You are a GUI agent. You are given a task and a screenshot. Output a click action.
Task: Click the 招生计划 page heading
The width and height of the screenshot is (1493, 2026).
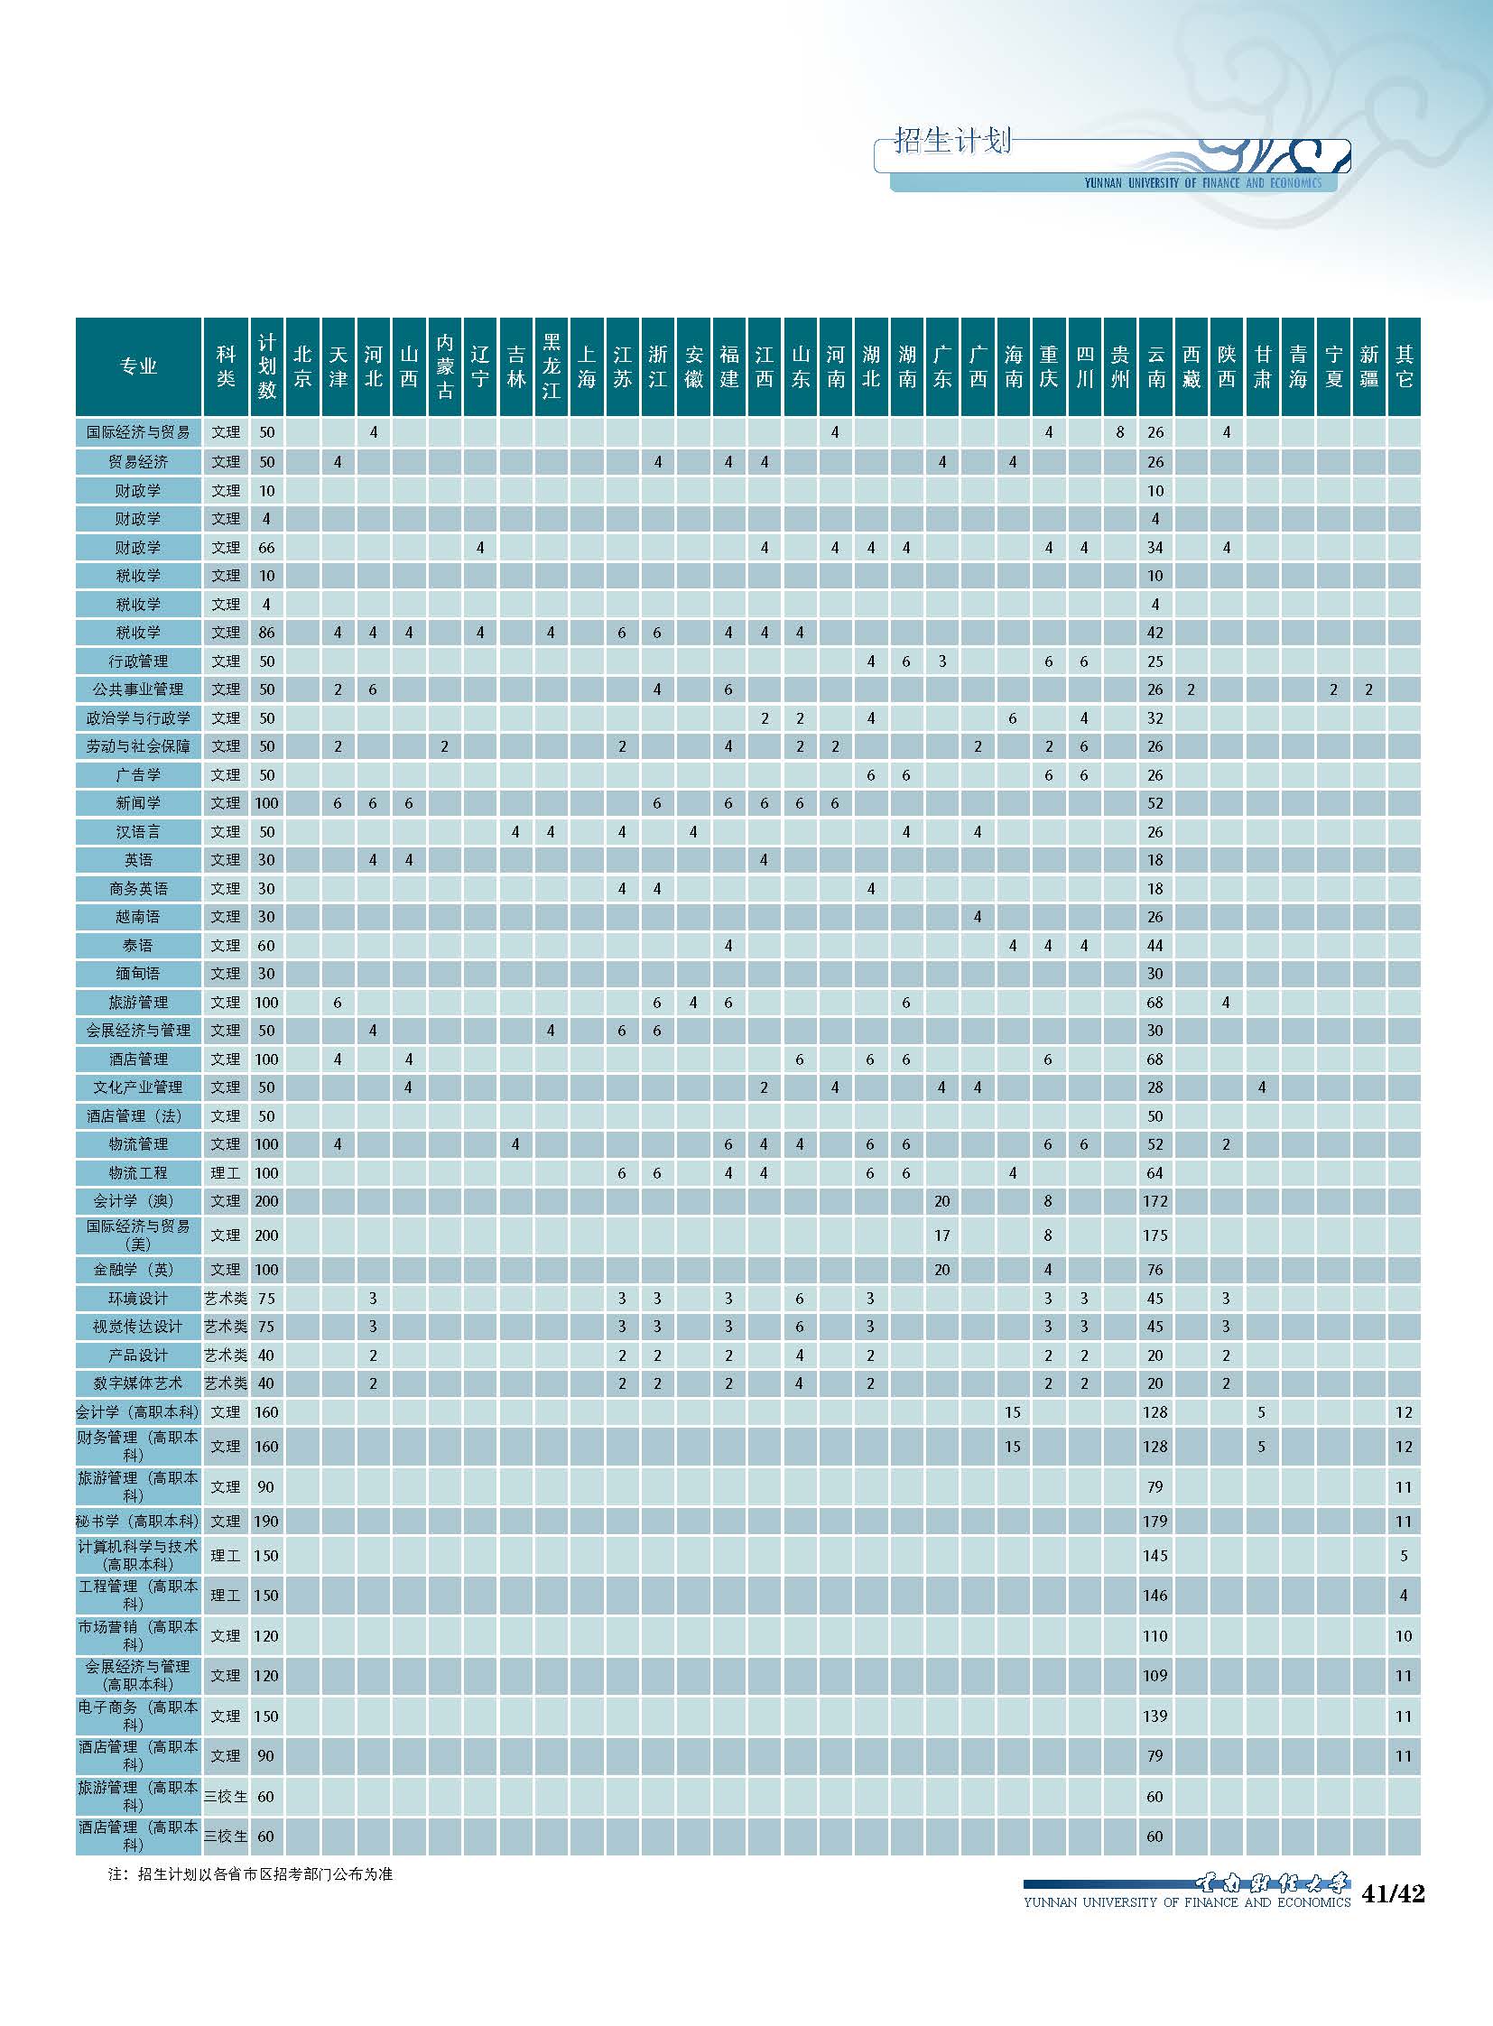coord(952,141)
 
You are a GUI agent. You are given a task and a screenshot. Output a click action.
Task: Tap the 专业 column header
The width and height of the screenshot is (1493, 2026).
coord(138,366)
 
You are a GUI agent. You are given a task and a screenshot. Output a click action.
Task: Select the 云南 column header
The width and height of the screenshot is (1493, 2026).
coord(1156,366)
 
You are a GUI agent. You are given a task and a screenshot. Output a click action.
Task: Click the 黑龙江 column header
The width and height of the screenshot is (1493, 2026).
coord(552,366)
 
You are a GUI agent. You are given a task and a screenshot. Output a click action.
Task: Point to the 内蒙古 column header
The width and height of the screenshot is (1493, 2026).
coord(445,366)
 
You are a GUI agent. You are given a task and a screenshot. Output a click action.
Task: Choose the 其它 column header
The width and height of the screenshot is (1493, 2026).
coord(1404,366)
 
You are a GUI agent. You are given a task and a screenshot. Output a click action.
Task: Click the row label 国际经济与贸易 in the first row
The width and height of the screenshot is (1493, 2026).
coord(138,432)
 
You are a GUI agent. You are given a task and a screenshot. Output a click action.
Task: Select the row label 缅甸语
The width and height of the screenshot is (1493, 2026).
coord(138,973)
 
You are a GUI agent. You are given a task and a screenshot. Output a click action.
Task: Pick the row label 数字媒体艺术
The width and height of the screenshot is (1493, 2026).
coord(138,1383)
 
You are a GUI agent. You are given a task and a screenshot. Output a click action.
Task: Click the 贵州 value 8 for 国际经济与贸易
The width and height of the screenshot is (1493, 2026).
coord(1119,432)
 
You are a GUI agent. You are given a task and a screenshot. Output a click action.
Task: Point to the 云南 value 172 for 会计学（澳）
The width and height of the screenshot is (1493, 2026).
coord(1155,1201)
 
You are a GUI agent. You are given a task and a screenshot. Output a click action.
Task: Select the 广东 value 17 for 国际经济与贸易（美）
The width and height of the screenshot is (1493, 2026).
coord(941,1235)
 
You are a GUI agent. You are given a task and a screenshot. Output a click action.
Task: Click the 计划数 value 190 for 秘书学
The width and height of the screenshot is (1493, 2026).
coord(265,1521)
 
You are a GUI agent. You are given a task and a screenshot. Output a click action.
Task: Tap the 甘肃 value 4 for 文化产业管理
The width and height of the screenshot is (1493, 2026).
coord(1262,1087)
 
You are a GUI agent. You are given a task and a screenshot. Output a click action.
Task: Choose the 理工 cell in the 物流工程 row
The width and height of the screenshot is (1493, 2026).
coord(225,1173)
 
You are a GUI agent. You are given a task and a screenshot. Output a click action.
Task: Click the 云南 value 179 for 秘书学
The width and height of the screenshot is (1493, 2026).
coord(1155,1521)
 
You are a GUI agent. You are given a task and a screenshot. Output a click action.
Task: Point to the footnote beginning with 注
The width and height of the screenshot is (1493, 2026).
coord(250,1873)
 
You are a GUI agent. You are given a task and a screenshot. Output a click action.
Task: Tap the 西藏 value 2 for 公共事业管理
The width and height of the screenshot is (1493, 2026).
coord(1192,689)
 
